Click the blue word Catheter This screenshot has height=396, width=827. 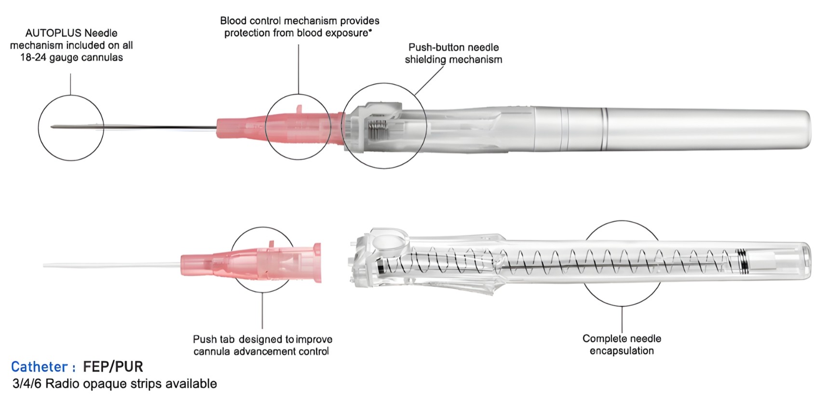coord(39,367)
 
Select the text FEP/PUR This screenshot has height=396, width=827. coord(113,367)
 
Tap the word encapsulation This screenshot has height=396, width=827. coord(622,351)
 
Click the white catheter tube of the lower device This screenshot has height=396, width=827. coord(111,266)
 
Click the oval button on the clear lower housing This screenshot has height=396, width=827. coord(389,242)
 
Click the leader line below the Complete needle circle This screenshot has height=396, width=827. coord(622,319)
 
